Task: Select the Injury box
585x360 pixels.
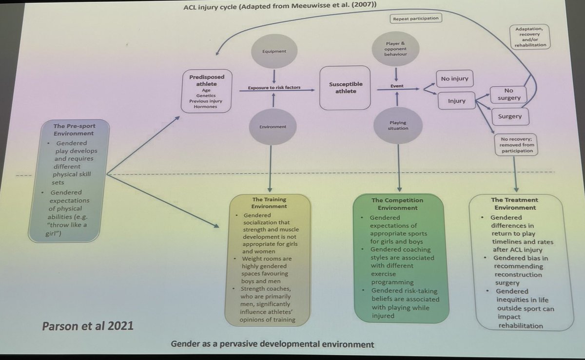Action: [x=453, y=101]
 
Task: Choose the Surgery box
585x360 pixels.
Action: [x=509, y=116]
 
